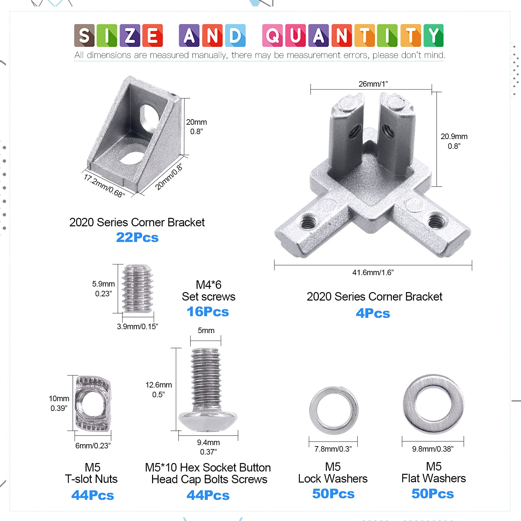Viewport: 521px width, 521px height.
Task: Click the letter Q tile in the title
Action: [x=273, y=35]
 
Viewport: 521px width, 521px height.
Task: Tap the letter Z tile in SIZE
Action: [x=130, y=35]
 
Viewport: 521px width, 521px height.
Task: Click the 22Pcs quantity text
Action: [x=137, y=237]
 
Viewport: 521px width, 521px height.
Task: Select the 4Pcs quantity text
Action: [x=373, y=313]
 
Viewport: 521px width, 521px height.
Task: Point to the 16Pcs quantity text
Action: [x=208, y=312]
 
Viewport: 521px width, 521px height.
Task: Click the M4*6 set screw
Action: [x=137, y=289]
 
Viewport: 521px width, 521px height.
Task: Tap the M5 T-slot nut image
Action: [x=93, y=403]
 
